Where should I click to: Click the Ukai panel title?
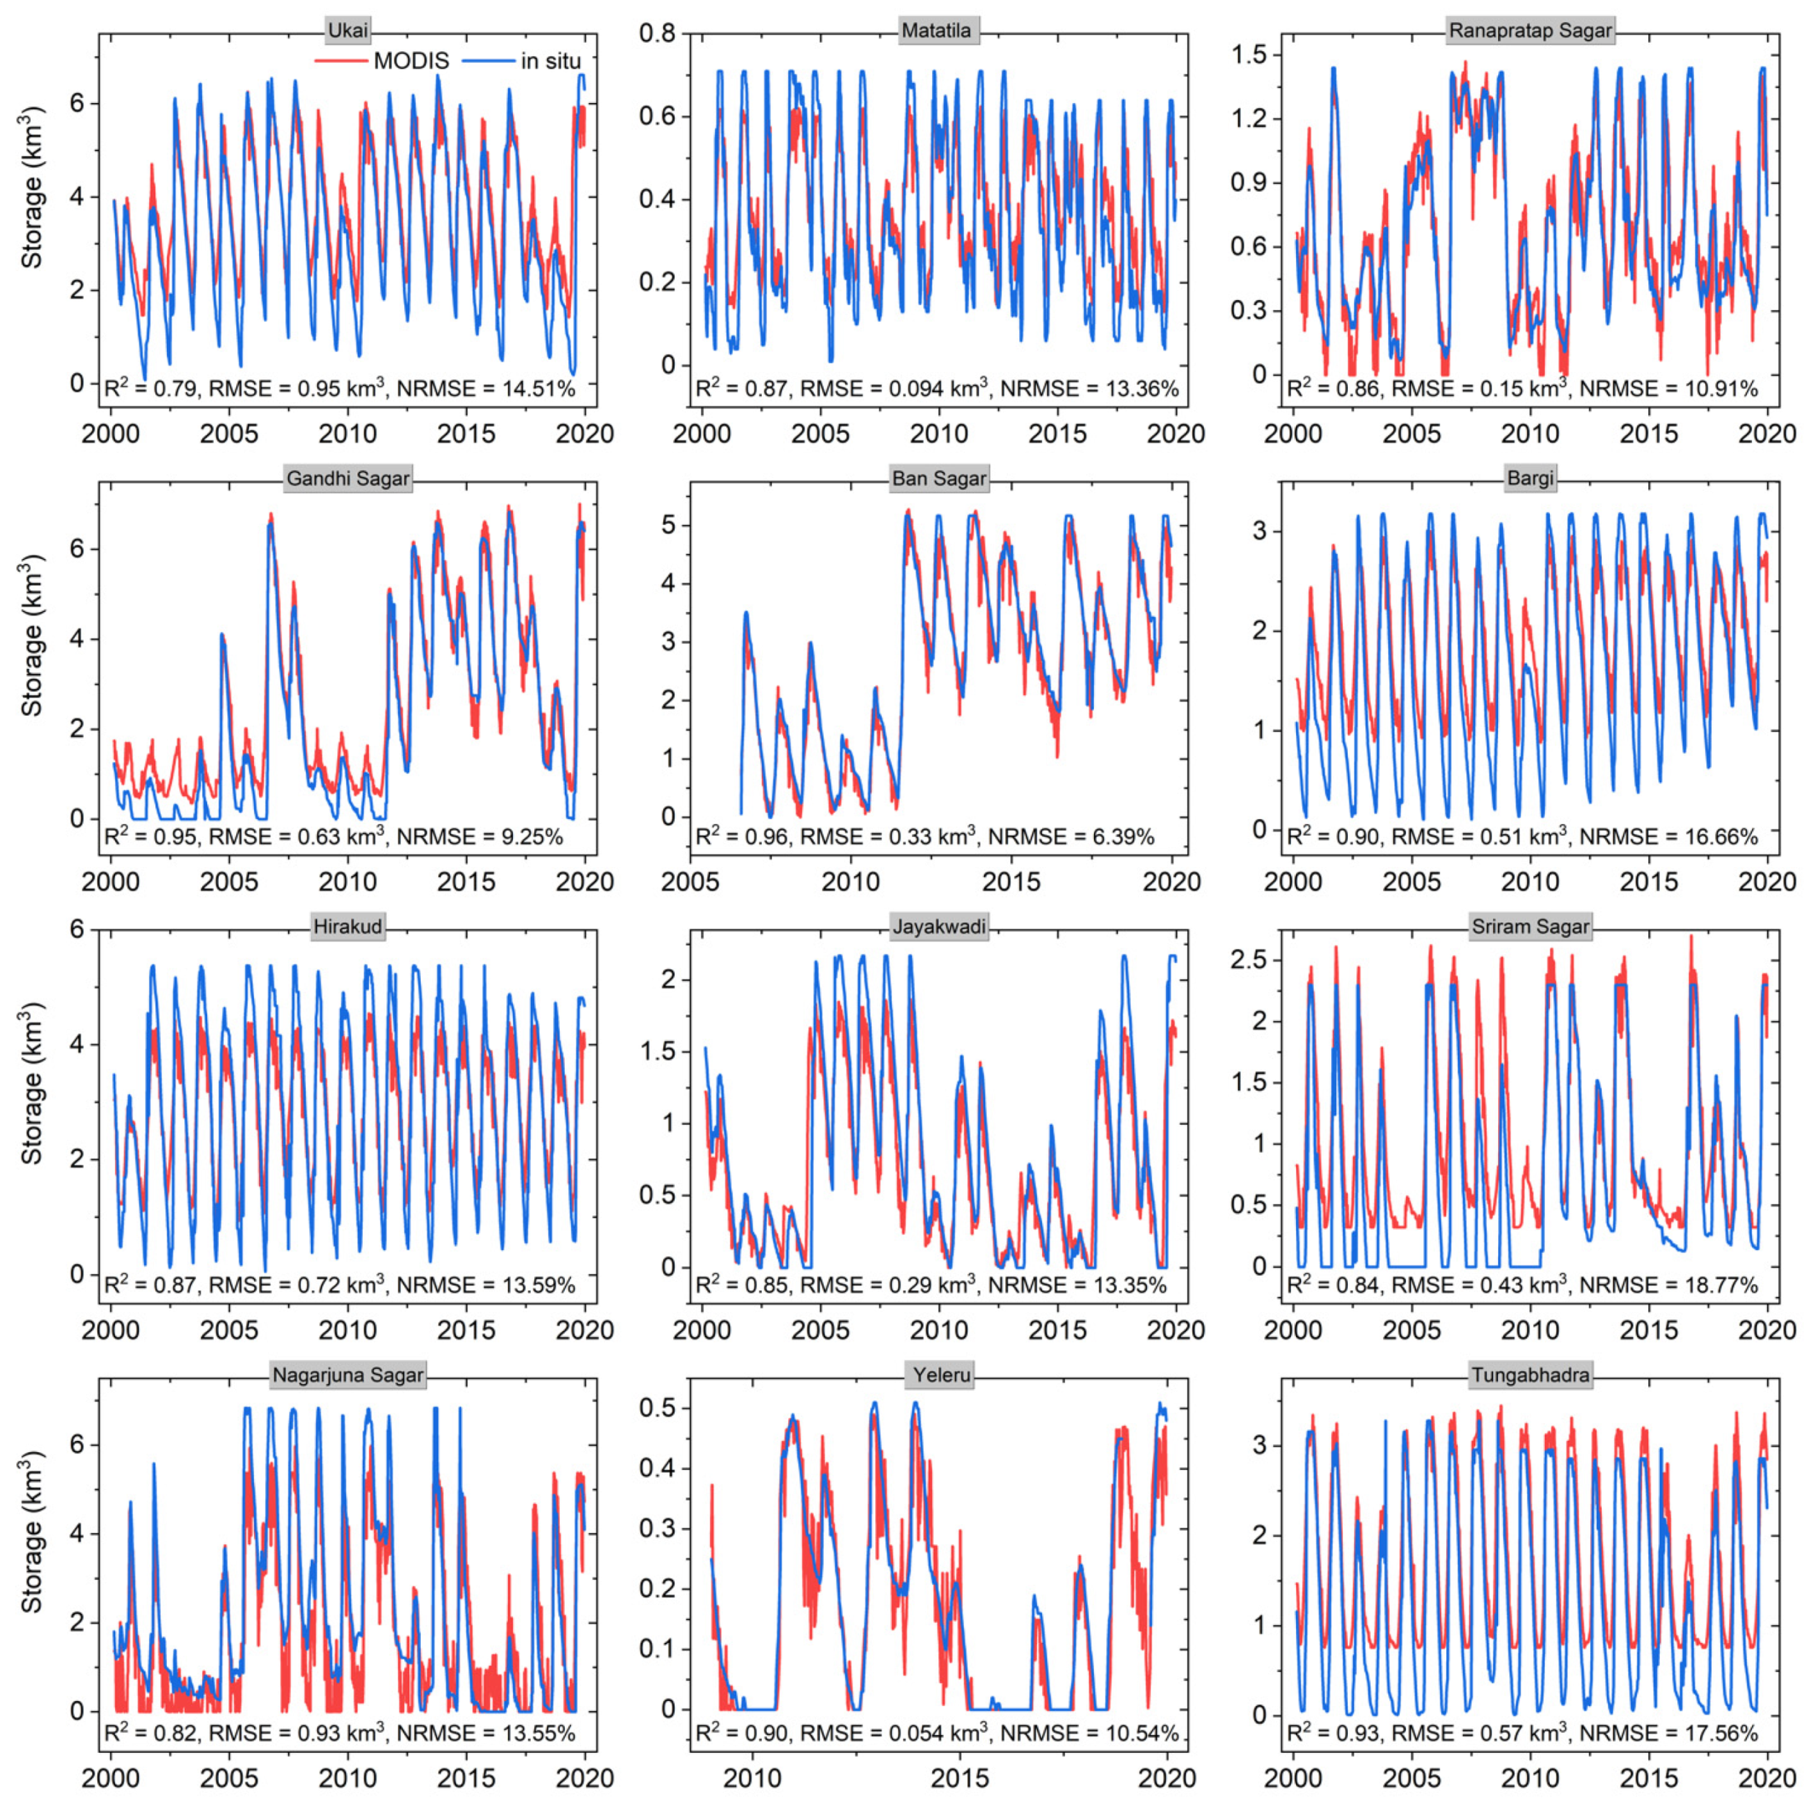(x=347, y=30)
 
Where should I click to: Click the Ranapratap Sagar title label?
(x=1530, y=30)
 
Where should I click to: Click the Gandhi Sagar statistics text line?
(x=335, y=836)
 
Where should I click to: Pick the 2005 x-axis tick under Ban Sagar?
(x=690, y=881)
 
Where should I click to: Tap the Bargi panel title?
(x=1530, y=478)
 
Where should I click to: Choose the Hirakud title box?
(x=347, y=927)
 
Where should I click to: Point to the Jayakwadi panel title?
(x=939, y=927)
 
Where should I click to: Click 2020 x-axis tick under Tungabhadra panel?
(x=1767, y=1777)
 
